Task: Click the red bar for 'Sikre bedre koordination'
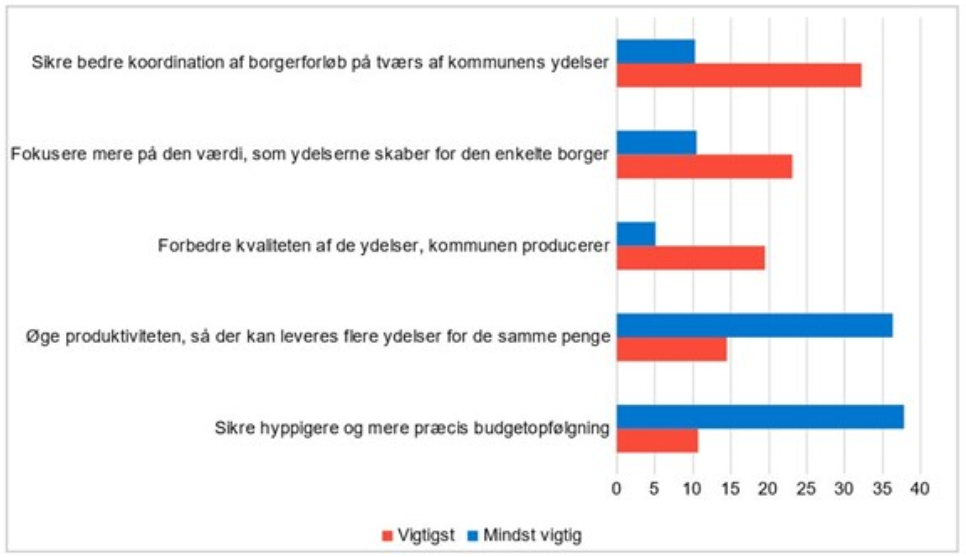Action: [x=738, y=75]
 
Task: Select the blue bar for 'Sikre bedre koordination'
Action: [x=655, y=52]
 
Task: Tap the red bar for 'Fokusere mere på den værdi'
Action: [x=704, y=166]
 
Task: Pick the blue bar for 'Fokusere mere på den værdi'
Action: [x=656, y=143]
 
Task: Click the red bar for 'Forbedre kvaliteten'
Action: [x=690, y=258]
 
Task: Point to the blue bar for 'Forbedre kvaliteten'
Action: [x=635, y=234]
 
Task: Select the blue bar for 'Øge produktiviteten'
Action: [x=754, y=326]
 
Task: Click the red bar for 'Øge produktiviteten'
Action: [x=671, y=350]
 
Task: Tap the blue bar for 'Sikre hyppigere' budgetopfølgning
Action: [x=760, y=417]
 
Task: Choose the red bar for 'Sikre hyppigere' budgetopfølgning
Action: [x=657, y=440]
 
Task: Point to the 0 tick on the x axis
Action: [x=617, y=488]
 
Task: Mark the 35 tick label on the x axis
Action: [x=881, y=488]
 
